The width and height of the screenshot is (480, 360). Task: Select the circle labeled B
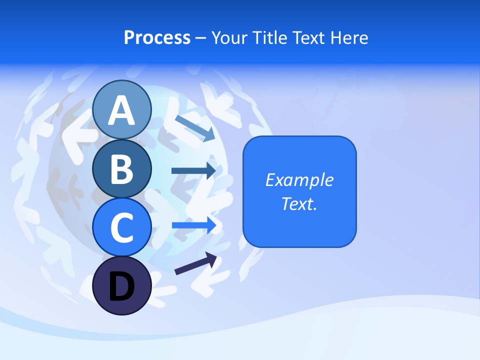(121, 168)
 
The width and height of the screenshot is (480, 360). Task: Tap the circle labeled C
(121, 227)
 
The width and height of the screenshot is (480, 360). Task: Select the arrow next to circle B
(193, 170)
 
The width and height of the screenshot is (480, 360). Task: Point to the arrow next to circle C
(194, 225)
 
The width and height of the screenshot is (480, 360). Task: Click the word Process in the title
(157, 37)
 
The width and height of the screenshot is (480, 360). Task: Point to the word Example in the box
(299, 180)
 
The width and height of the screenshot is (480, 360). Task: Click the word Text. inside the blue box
(299, 203)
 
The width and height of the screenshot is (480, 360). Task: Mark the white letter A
(121, 110)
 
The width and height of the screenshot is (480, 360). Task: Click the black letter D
(121, 286)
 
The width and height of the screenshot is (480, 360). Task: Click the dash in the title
(201, 38)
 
